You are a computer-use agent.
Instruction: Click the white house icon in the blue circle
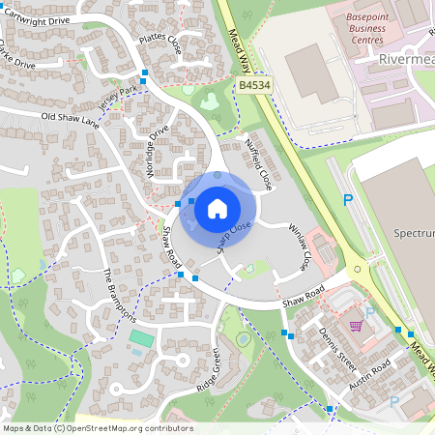[217, 207]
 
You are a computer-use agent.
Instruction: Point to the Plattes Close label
[159, 43]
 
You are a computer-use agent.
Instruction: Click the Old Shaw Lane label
[71, 120]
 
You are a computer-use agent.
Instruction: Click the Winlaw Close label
[301, 246]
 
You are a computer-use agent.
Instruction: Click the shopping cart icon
[356, 326]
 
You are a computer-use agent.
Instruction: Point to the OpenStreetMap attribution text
[97, 428]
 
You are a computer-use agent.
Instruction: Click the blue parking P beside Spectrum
[348, 200]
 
